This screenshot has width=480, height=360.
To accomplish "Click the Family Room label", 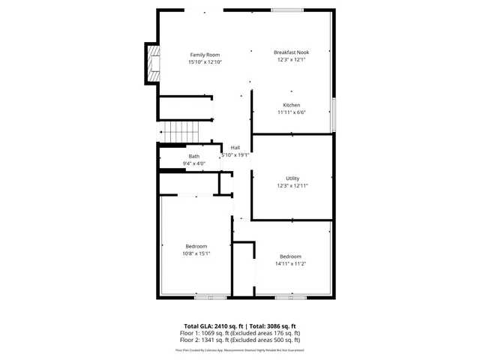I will [204, 55].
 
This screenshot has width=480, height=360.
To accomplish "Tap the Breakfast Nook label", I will [291, 52].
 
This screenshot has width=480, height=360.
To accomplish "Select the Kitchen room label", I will [291, 105].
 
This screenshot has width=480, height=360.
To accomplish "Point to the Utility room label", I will [292, 178].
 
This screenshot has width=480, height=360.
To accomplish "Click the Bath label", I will [193, 156].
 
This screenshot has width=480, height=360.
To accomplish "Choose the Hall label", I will [235, 147].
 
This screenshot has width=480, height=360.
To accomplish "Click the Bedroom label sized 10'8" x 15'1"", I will [196, 246].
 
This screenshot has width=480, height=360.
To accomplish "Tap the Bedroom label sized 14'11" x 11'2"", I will [290, 256].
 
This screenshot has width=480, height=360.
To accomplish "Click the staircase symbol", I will [179, 132].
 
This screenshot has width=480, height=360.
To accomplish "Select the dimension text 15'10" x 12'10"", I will [204, 62].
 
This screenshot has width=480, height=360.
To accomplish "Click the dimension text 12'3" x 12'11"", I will [292, 185].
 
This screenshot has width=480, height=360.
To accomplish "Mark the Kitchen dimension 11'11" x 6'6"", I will [291, 112].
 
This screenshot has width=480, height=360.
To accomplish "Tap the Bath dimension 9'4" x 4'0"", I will [193, 163].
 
